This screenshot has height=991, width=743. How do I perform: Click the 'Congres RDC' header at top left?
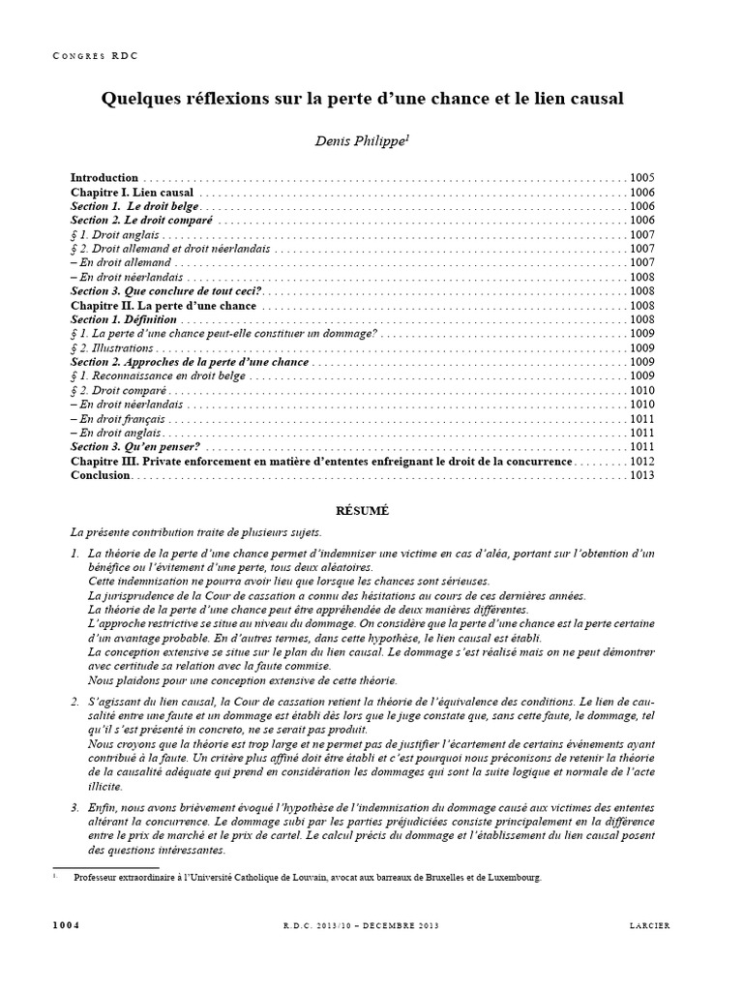click(95, 57)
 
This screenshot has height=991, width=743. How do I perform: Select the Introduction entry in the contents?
click(104, 178)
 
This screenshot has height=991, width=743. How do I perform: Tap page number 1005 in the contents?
click(641, 178)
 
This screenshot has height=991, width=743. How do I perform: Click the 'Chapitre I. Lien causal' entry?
click(133, 193)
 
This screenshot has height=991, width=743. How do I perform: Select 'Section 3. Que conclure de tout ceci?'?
click(166, 291)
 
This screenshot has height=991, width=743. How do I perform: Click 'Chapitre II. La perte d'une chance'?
click(163, 306)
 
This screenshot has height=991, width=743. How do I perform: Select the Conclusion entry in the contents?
click(101, 475)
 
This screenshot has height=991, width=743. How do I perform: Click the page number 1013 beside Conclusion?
click(641, 475)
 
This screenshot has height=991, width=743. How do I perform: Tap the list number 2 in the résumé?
click(74, 699)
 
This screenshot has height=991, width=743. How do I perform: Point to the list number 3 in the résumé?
click(74, 807)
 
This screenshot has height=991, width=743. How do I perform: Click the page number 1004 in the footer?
click(66, 925)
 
